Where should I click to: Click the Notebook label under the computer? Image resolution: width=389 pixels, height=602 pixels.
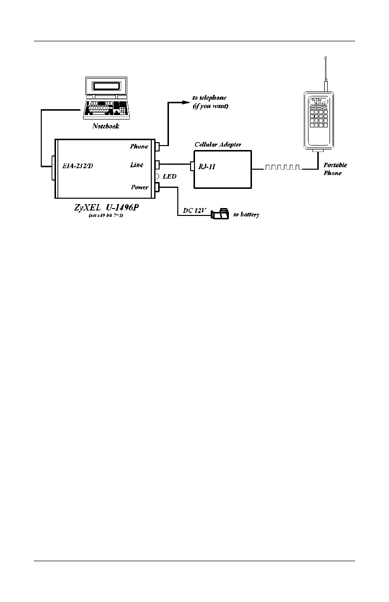(x=105, y=126)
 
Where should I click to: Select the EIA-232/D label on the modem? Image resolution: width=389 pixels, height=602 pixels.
(x=78, y=166)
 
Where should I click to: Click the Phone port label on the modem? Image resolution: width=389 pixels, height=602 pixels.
(x=139, y=147)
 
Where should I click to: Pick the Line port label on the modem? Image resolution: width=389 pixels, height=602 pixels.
(x=137, y=165)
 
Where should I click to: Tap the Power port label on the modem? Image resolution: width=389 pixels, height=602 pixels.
(x=139, y=187)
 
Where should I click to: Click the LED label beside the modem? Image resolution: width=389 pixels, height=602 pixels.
(x=169, y=176)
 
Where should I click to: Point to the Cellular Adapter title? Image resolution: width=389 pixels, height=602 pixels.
(x=218, y=144)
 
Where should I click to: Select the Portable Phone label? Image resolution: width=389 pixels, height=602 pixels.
(x=335, y=169)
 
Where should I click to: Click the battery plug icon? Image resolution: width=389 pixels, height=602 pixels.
(x=220, y=214)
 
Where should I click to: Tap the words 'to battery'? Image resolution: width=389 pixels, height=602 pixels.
(x=246, y=215)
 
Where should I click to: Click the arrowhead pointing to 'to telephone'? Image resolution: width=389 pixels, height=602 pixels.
(x=185, y=102)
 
